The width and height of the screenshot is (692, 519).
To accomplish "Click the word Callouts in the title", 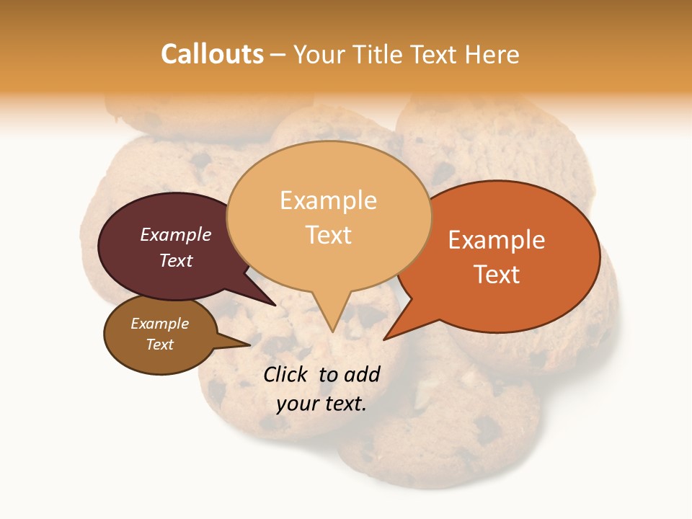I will click(x=212, y=54).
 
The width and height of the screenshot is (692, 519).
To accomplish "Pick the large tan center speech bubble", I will click(x=329, y=216).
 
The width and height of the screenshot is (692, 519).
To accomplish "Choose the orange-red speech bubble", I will click(x=505, y=256).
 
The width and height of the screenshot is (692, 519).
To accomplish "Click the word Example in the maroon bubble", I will click(x=176, y=234).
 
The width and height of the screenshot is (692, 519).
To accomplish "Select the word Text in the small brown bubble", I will click(x=160, y=345).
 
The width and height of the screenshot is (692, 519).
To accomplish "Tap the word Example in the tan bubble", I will click(x=329, y=200).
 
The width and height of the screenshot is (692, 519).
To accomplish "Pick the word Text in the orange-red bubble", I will click(x=497, y=275).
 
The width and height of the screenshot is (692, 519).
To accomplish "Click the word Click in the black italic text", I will click(x=285, y=374).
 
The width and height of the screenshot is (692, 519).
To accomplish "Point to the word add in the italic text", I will click(x=363, y=374).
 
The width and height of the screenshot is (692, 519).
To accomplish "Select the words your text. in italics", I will click(x=321, y=404).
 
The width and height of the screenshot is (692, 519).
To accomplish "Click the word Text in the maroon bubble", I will click(x=176, y=261).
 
